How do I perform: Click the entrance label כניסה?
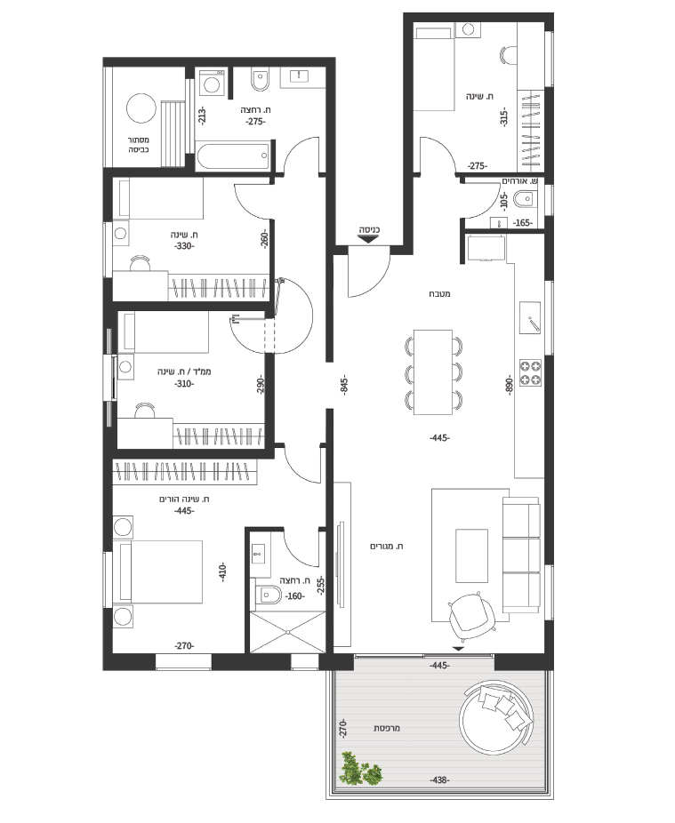369,230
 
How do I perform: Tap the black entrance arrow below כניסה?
369,239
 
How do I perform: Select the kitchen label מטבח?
439,294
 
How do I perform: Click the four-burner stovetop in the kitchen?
531,372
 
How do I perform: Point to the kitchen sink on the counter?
530,317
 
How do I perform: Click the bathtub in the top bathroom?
233,156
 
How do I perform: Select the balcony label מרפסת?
387,729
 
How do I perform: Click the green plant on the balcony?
360,769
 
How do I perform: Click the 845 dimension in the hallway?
344,387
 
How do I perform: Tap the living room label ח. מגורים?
387,547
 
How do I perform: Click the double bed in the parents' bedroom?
161,571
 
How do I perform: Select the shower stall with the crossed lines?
288,632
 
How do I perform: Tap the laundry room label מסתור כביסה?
139,145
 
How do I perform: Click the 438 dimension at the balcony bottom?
439,780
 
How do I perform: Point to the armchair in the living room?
471,616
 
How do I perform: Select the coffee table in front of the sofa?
471,555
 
